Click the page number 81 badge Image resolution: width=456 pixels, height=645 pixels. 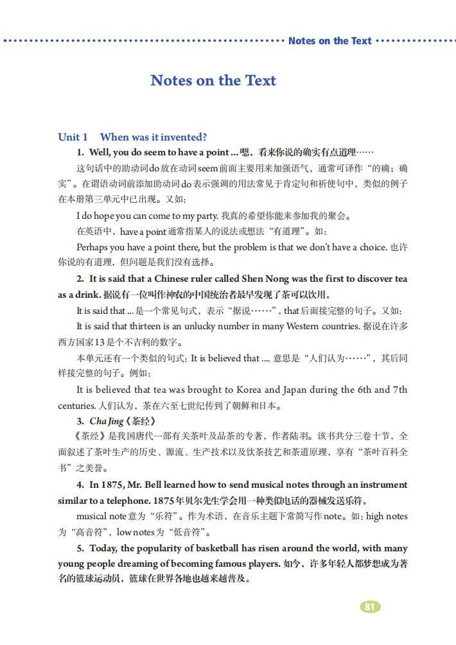click(369, 606)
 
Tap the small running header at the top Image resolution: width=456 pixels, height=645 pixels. click(329, 41)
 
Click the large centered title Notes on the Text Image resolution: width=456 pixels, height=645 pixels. click(213, 80)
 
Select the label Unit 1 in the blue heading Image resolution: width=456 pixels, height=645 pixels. click(73, 137)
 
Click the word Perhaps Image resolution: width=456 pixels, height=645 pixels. click(92, 247)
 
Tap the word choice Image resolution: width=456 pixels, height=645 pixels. click(371, 247)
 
